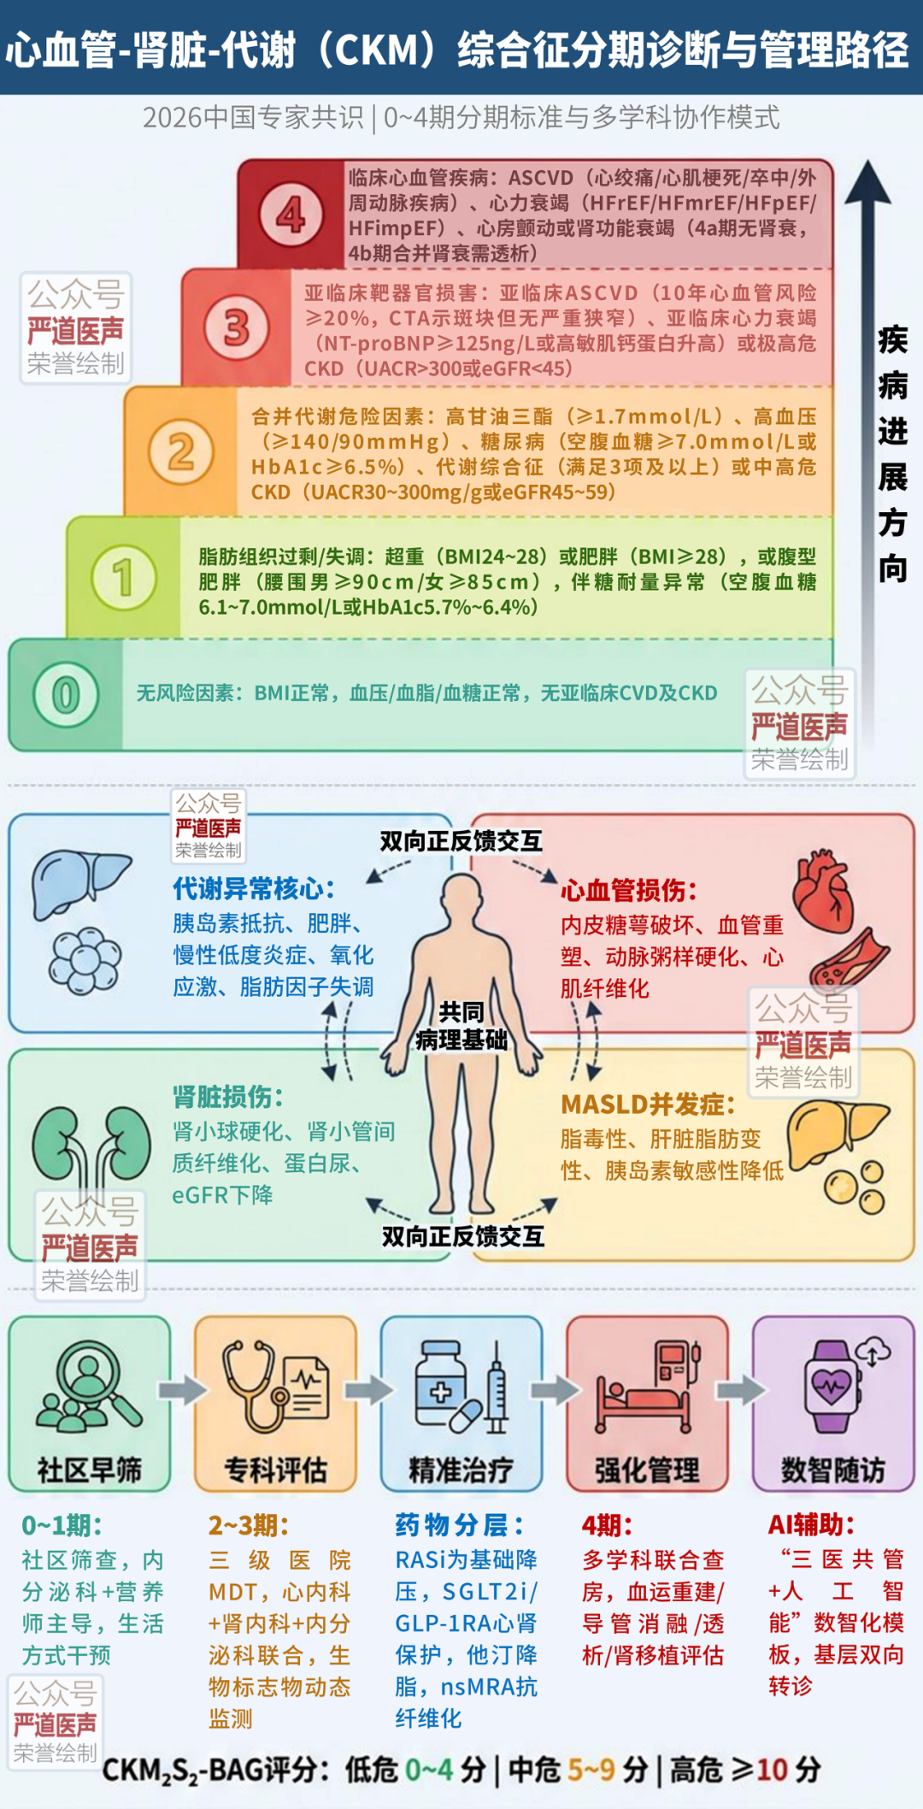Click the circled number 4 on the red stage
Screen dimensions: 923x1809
coord(291,215)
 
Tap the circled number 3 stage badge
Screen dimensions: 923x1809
coord(236,327)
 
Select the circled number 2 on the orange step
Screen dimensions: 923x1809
coord(180,451)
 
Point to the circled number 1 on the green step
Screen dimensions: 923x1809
coord(124,577)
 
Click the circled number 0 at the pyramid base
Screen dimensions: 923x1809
coord(66,694)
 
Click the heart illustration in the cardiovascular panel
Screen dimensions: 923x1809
coord(822,893)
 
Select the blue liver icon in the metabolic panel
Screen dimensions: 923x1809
coord(79,884)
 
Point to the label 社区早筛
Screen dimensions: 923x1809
coord(89,1470)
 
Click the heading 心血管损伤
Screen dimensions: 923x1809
coord(629,891)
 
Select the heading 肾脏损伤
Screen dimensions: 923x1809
coord(228,1097)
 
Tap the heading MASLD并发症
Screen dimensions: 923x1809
coord(648,1105)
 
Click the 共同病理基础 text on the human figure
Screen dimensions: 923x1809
coord(461,1026)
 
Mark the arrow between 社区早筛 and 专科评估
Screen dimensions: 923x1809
coord(182,1390)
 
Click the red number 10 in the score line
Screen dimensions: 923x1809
coord(772,1770)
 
